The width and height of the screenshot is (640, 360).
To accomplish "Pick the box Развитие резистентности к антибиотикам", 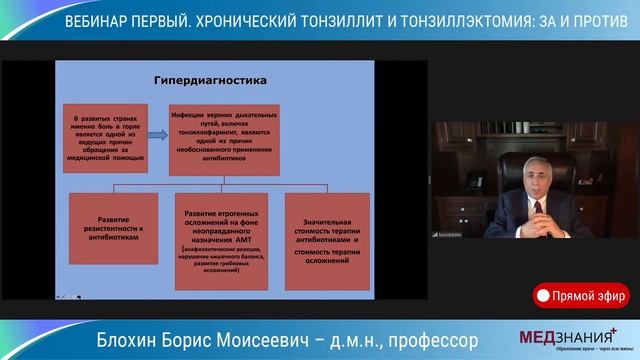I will tap(113, 228).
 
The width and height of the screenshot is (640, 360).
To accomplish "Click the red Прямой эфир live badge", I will tap(580, 295).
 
